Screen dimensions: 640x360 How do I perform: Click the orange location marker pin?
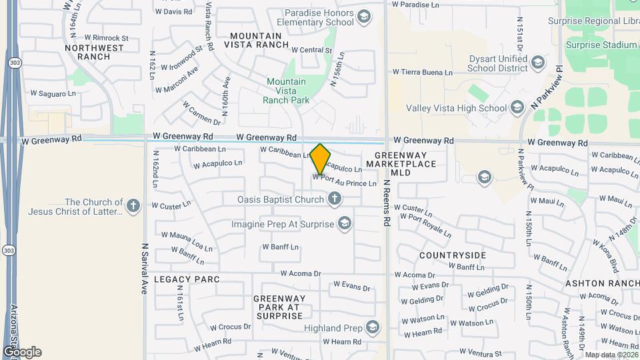321,159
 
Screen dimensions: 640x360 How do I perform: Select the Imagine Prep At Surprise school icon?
345,223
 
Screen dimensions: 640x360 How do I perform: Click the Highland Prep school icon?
373,327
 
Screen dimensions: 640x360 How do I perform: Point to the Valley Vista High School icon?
517,108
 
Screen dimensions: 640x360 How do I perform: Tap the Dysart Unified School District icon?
537,63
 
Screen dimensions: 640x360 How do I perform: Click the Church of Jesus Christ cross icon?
133,206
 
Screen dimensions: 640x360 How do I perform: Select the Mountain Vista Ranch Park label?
287,91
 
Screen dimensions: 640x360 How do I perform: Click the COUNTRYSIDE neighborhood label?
453,255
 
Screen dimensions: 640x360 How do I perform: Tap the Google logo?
22,352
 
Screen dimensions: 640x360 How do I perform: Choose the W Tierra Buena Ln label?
423,72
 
